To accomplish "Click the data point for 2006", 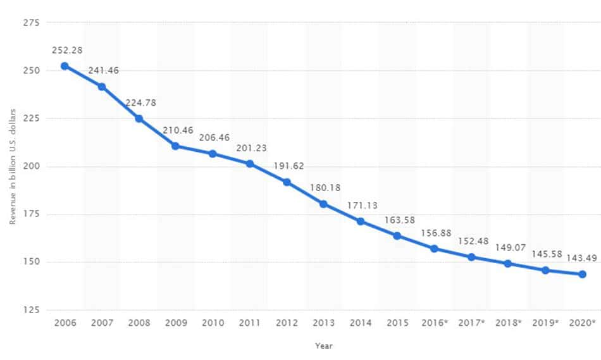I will pos(65,66).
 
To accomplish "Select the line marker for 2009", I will pos(175,146).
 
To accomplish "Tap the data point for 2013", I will pos(323,204).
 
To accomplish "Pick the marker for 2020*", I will pos(582,274).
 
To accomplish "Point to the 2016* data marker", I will pos(434,249).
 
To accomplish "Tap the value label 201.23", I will pos(252,147).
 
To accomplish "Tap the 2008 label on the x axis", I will pos(139,323).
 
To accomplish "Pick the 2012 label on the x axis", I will pos(287,323).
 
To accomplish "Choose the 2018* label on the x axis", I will pos(508,323).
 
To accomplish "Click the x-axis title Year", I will pos(323,346).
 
